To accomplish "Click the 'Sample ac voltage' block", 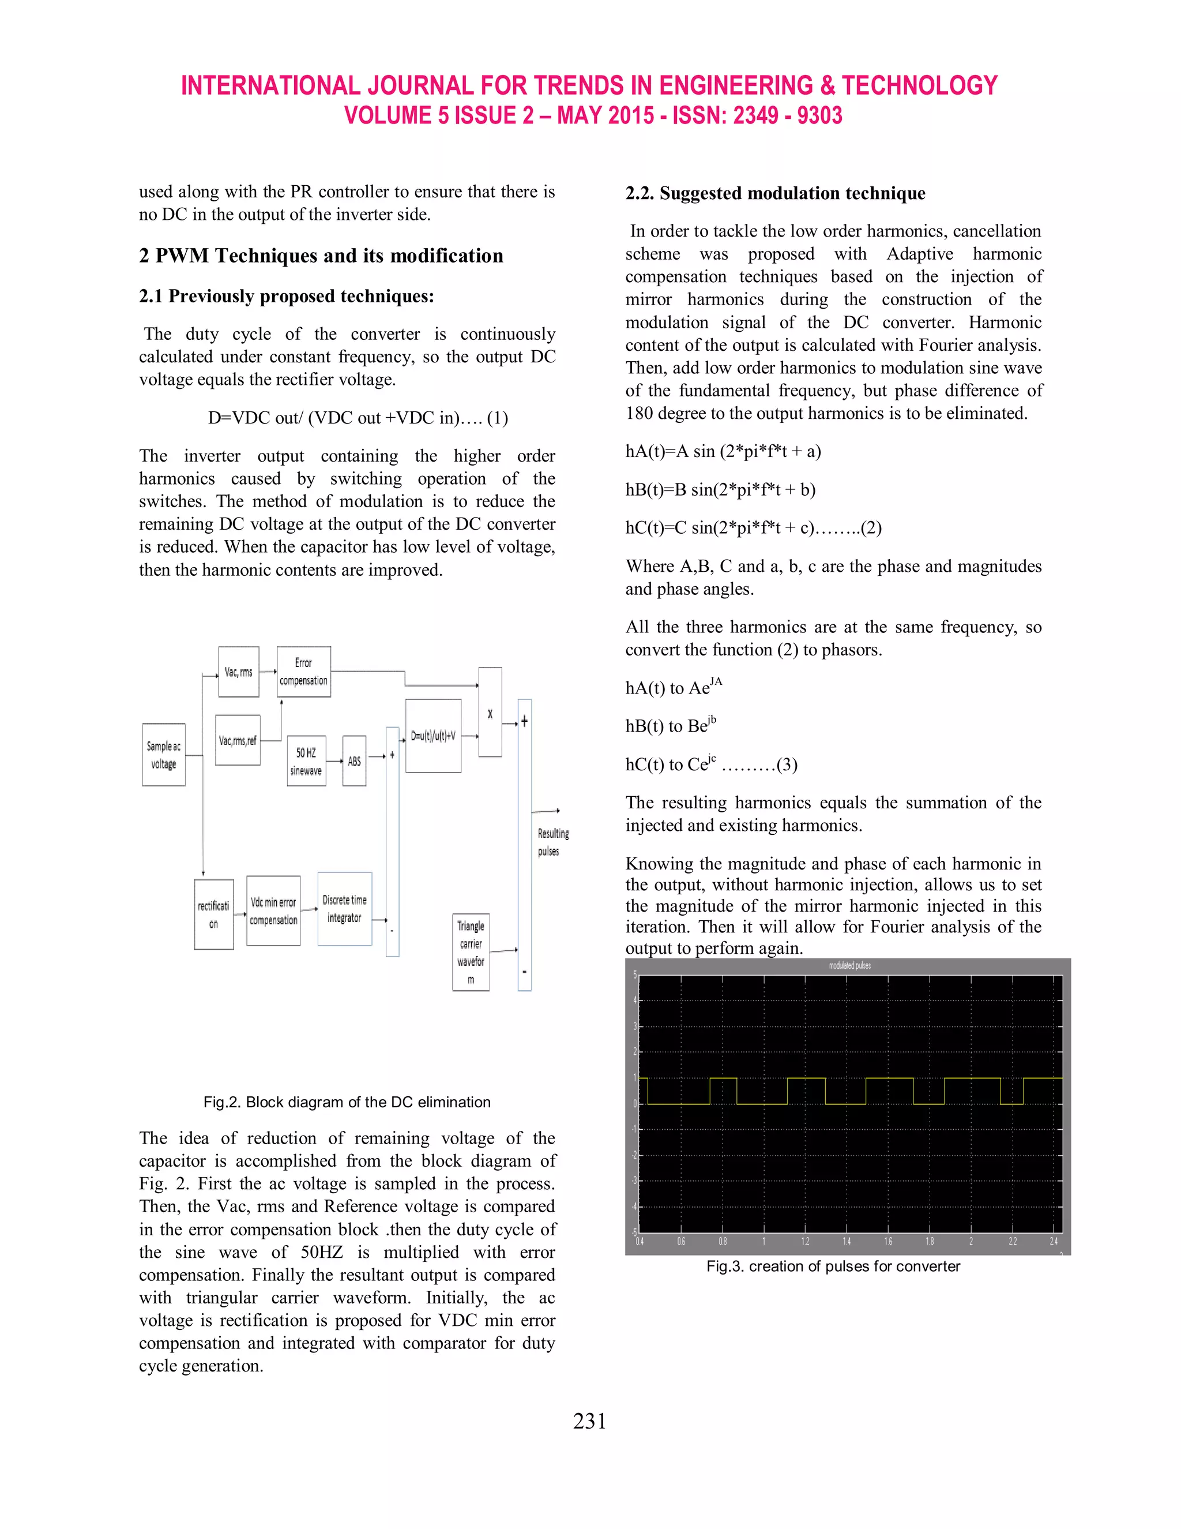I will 164,755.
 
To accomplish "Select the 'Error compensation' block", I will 304,672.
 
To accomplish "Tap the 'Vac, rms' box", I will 239,672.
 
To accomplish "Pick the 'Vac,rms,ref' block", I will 238,740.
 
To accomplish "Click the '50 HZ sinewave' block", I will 306,761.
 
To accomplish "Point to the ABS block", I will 354,761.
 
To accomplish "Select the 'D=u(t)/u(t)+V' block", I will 433,736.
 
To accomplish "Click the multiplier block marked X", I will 490,713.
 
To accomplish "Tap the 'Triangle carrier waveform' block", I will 471,952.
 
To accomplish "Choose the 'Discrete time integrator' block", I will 344,909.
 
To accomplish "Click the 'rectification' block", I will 213,915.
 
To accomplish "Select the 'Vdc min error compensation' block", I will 273,911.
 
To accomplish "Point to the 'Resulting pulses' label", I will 552,842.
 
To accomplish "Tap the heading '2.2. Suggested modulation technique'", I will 774,193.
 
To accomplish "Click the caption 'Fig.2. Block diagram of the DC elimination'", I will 347,1102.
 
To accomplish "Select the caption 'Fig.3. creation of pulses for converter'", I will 833,1266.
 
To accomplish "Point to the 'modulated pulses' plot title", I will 849,965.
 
